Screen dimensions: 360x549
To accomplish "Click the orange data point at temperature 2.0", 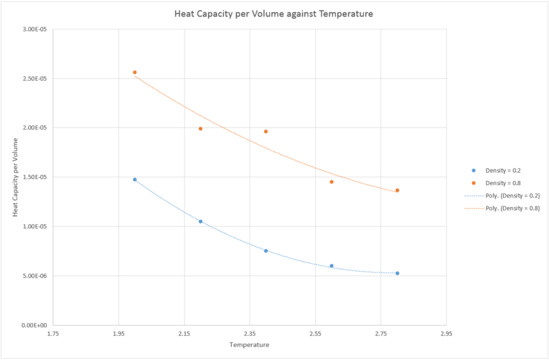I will coord(135,72).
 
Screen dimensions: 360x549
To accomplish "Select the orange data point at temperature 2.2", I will coord(200,128).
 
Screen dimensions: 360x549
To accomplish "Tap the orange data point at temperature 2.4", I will coord(266,131).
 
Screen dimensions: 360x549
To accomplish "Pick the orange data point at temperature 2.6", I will coord(331,182).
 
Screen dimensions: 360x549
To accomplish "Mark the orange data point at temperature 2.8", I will coord(397,190).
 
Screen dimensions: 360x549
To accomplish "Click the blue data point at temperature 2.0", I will coord(135,180).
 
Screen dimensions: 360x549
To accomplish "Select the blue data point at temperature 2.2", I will coord(200,221).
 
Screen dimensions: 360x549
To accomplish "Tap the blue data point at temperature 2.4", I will coord(266,251).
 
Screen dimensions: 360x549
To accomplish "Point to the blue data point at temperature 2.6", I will coord(331,266).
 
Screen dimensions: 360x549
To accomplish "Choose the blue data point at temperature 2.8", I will coord(397,273).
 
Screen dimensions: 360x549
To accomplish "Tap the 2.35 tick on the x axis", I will coord(250,334).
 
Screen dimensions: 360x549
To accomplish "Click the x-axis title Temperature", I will coord(250,345).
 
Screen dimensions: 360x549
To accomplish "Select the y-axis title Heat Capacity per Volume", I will coord(15,176).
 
